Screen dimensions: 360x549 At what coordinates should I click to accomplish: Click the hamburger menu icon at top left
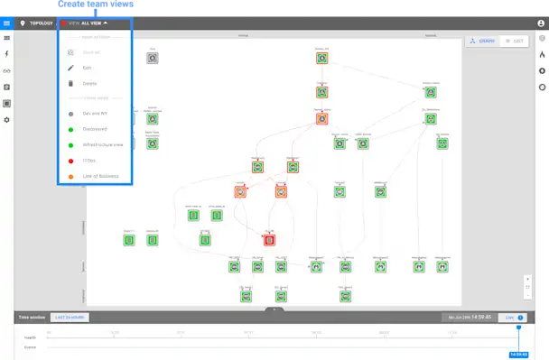[7, 23]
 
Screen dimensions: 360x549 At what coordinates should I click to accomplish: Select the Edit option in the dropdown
[88, 68]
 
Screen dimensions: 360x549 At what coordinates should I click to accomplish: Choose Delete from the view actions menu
[89, 83]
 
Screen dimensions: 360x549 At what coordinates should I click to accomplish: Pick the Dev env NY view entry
[94, 114]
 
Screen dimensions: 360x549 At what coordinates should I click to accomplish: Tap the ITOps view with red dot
[88, 159]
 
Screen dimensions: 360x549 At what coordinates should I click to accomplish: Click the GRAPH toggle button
[481, 42]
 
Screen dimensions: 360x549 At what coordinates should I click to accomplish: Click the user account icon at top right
[541, 23]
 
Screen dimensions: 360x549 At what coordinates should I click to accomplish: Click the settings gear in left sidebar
[7, 120]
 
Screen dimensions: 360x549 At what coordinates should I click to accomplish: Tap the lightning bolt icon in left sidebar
[7, 55]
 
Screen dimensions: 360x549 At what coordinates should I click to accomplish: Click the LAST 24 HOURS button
[69, 318]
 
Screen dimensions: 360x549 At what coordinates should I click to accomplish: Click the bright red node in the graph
[269, 239]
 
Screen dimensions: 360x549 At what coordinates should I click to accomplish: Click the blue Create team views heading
[95, 5]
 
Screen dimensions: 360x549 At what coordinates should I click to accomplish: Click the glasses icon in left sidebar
[7, 71]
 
